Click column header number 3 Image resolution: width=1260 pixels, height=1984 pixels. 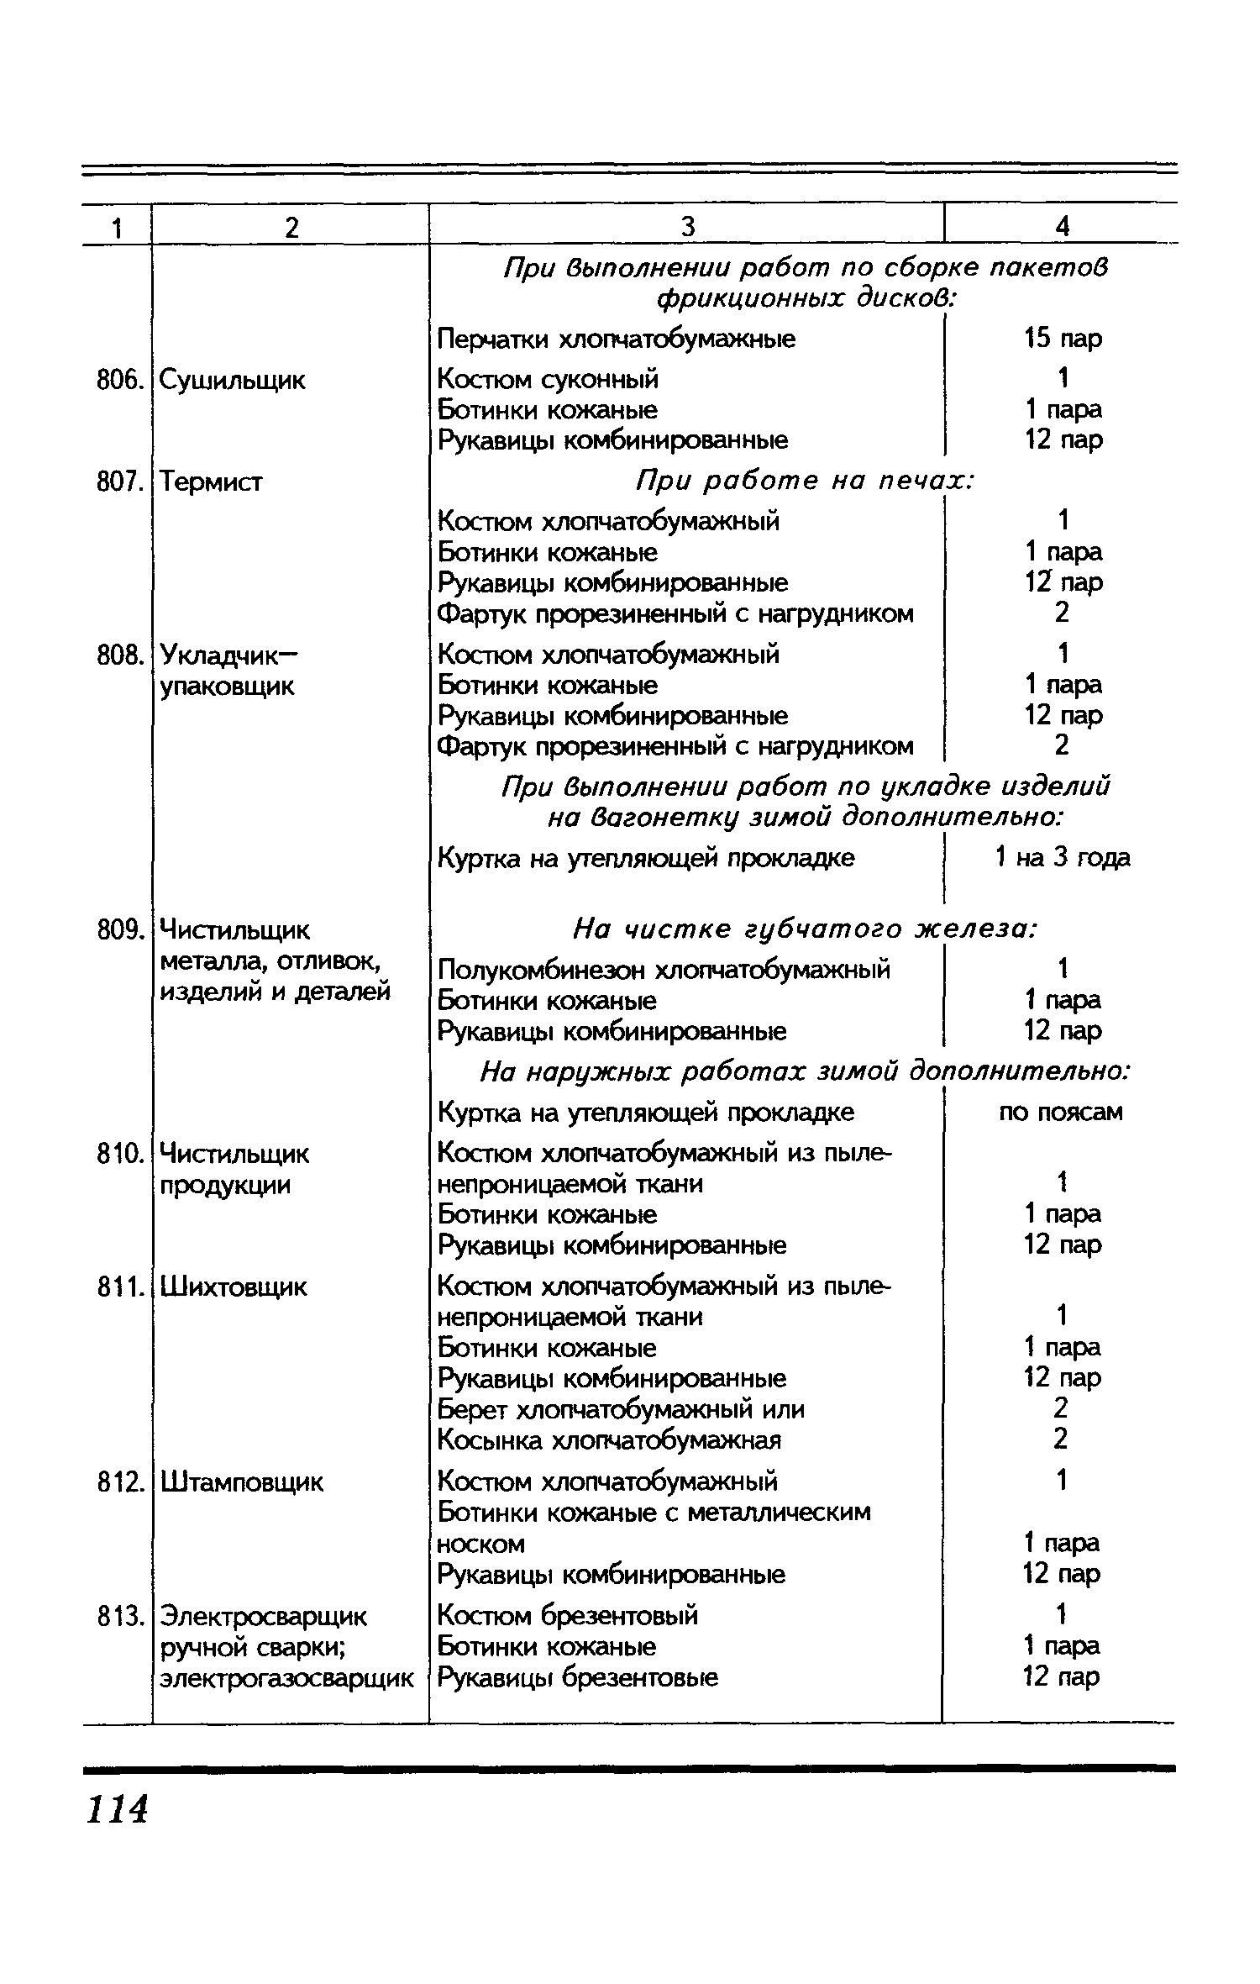pyautogui.click(x=688, y=226)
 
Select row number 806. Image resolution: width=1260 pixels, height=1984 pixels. pyautogui.click(x=116, y=381)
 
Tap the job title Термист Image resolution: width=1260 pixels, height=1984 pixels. pyautogui.click(x=211, y=482)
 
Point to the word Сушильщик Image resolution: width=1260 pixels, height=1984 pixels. pyautogui.click(x=233, y=381)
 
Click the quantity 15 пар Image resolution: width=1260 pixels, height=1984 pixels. pyautogui.click(x=1063, y=339)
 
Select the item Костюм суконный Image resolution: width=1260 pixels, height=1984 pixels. pyautogui.click(x=549, y=380)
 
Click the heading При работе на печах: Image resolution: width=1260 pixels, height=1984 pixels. pyautogui.click(x=805, y=482)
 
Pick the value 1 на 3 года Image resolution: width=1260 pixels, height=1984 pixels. pyautogui.click(x=1063, y=858)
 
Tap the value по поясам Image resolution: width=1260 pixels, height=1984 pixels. pyautogui.click(x=1061, y=1113)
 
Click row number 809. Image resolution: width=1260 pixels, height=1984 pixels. pyautogui.click(x=116, y=929)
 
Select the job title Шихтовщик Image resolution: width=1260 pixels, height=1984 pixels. pyautogui.click(x=234, y=1287)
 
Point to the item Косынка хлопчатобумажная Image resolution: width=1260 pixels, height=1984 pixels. pyautogui.click(x=610, y=1440)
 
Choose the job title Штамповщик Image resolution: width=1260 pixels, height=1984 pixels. pyautogui.click(x=241, y=1481)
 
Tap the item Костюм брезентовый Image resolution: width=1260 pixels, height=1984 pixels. pyautogui.click(x=569, y=1615)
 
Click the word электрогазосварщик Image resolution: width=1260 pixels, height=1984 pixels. pyautogui.click(x=286, y=1678)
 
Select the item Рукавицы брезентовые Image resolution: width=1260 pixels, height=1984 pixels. pyautogui.click(x=578, y=1677)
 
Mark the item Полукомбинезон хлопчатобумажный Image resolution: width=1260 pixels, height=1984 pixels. pyautogui.click(x=664, y=971)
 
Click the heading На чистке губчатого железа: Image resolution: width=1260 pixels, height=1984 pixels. pyautogui.click(x=805, y=929)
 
